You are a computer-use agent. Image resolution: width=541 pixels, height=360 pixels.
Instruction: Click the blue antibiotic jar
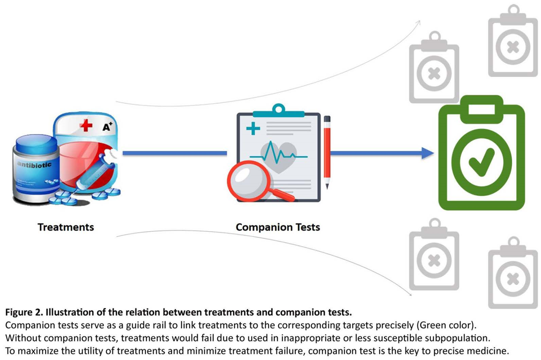pos(36,168)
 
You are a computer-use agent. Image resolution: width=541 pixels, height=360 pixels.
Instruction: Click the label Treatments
pos(66,227)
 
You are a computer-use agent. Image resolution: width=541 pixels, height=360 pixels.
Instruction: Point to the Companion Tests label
pos(278,227)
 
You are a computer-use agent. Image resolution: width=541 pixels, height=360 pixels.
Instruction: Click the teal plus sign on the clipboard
pos(253,128)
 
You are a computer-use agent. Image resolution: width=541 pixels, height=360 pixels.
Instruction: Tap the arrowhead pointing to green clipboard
pos(428,153)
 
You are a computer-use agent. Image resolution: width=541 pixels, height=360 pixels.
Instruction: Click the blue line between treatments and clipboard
pos(174,153)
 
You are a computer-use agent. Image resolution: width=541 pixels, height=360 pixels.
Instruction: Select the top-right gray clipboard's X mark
pos(513,47)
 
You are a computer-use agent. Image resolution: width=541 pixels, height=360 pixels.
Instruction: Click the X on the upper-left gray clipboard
pos(434,74)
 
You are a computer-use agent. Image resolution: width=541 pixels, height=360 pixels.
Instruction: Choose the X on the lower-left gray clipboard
pos(434,261)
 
